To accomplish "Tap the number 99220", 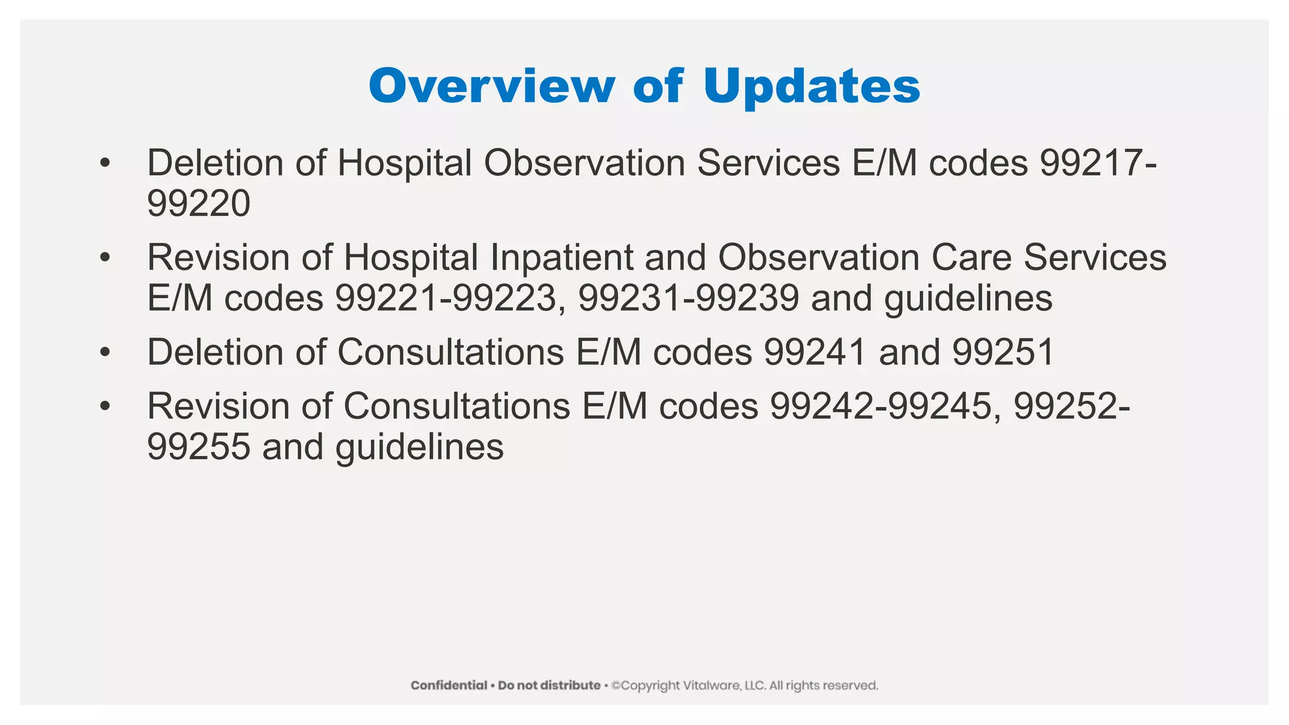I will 198,203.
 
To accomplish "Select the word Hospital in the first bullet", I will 405,162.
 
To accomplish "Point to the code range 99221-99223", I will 446,298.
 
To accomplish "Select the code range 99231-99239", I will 689,298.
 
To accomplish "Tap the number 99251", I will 1003,352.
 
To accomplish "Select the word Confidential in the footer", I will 449,685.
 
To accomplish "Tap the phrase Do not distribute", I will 549,685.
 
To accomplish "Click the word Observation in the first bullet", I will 584,162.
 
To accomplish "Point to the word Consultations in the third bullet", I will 451,352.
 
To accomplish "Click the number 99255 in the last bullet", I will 198,447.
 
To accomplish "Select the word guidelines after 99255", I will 419,447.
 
